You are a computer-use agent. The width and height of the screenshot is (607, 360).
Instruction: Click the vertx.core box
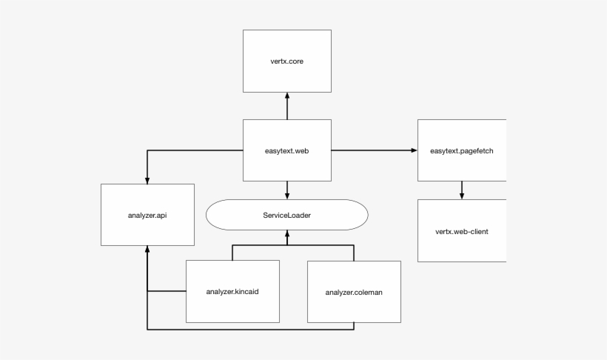pos(287,61)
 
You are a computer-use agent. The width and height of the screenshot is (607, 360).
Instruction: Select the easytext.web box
pos(287,150)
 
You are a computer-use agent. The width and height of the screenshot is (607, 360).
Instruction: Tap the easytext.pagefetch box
pos(462,150)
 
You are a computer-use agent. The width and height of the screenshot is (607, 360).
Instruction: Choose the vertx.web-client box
pos(462,230)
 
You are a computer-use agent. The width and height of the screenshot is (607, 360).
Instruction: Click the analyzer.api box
pos(147,215)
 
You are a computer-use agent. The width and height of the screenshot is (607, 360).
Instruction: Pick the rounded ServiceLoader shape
pos(286,215)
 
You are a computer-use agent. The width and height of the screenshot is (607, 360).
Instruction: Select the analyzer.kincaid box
pos(232,291)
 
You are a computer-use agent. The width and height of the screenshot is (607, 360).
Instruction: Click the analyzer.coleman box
pos(354,292)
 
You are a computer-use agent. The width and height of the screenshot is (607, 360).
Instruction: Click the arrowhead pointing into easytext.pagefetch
pos(414,150)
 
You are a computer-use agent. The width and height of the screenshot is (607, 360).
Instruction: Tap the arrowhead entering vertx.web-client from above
pos(462,196)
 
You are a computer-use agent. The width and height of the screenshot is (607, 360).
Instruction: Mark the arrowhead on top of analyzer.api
pos(147,180)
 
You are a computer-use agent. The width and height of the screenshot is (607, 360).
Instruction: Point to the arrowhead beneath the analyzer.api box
pos(147,250)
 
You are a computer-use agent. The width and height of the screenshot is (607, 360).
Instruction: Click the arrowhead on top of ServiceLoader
pos(287,196)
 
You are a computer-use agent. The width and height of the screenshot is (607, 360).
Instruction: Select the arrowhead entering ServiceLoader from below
pos(287,234)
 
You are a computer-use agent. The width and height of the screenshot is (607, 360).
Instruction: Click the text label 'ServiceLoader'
pos(286,215)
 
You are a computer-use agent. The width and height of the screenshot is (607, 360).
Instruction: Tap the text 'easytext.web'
pos(287,150)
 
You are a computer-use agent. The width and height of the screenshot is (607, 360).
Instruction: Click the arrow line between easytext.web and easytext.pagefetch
pos(370,150)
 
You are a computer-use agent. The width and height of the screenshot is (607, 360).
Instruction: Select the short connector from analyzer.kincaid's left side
pos(167,291)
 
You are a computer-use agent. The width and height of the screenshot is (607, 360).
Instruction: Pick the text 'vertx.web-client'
pos(462,231)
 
